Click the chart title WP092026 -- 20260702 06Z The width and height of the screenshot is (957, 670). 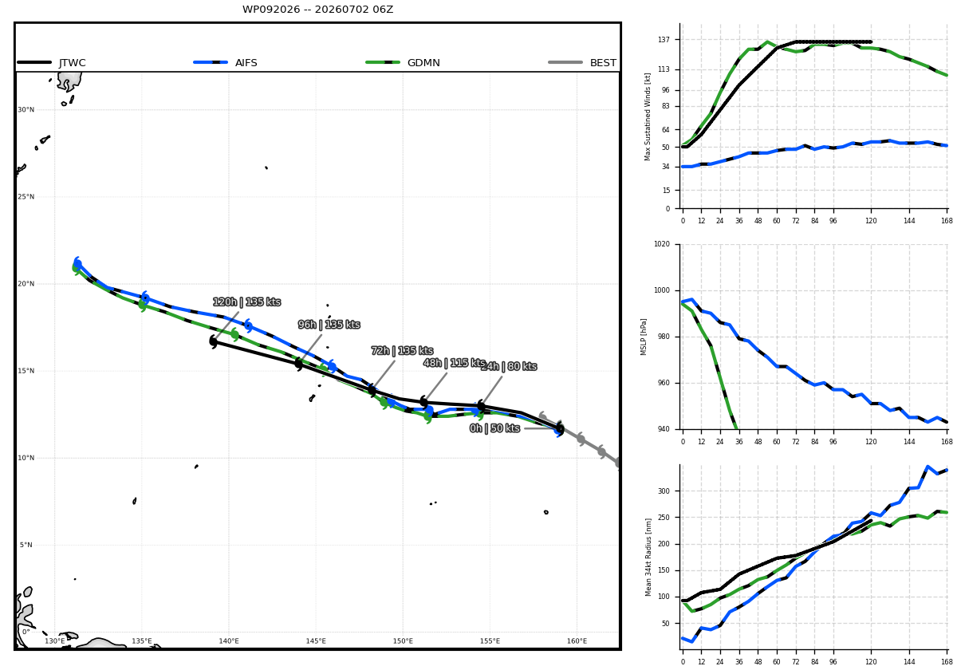coord(317,10)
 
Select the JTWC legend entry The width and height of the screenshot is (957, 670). coord(51,63)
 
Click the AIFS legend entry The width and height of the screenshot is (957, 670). coord(225,63)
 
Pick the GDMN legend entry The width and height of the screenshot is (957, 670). coord(403,63)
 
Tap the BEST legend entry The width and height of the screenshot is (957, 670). coord(582,63)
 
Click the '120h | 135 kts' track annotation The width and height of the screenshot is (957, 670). coord(246,302)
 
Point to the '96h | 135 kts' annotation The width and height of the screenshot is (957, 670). coord(329,325)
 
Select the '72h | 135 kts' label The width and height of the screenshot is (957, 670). coord(402,351)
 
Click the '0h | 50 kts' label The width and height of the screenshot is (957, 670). coord(494,428)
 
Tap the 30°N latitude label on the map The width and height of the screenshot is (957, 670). coord(26,110)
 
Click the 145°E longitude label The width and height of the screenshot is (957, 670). coord(316,641)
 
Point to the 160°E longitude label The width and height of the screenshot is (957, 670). coord(577,641)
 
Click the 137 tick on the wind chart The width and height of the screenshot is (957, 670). coord(664,40)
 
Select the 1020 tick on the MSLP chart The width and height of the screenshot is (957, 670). coord(662,244)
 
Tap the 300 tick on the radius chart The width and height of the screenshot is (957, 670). coord(664,491)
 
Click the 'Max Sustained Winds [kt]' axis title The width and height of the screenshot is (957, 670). coord(648,116)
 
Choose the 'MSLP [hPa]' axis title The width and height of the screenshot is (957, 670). coord(644,337)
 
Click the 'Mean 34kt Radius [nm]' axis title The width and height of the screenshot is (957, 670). coord(648,558)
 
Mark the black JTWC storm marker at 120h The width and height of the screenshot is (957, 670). coord(214,341)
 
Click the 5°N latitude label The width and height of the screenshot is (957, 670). coord(26,545)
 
